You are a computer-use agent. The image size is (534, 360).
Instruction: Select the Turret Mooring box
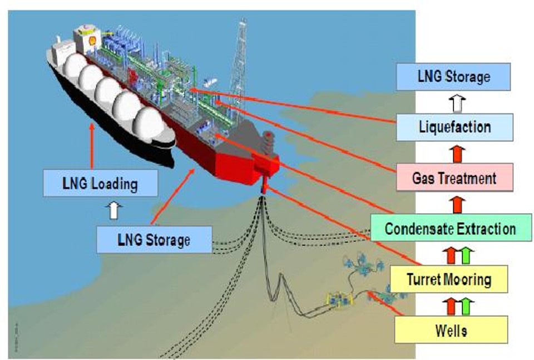pyautogui.click(x=449, y=279)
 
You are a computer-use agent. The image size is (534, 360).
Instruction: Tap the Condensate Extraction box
pyautogui.click(x=450, y=228)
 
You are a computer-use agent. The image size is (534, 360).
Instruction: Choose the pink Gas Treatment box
pyautogui.click(x=454, y=178)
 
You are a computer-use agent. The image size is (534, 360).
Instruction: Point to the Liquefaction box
pyautogui.click(x=454, y=127)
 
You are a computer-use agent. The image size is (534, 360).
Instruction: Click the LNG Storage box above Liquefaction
pyautogui.click(x=453, y=77)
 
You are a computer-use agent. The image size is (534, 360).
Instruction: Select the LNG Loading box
pyautogui.click(x=100, y=183)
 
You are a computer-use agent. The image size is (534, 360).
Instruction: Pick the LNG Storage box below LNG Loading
pyautogui.click(x=154, y=240)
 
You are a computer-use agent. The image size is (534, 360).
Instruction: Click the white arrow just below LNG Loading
pyautogui.click(x=116, y=210)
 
